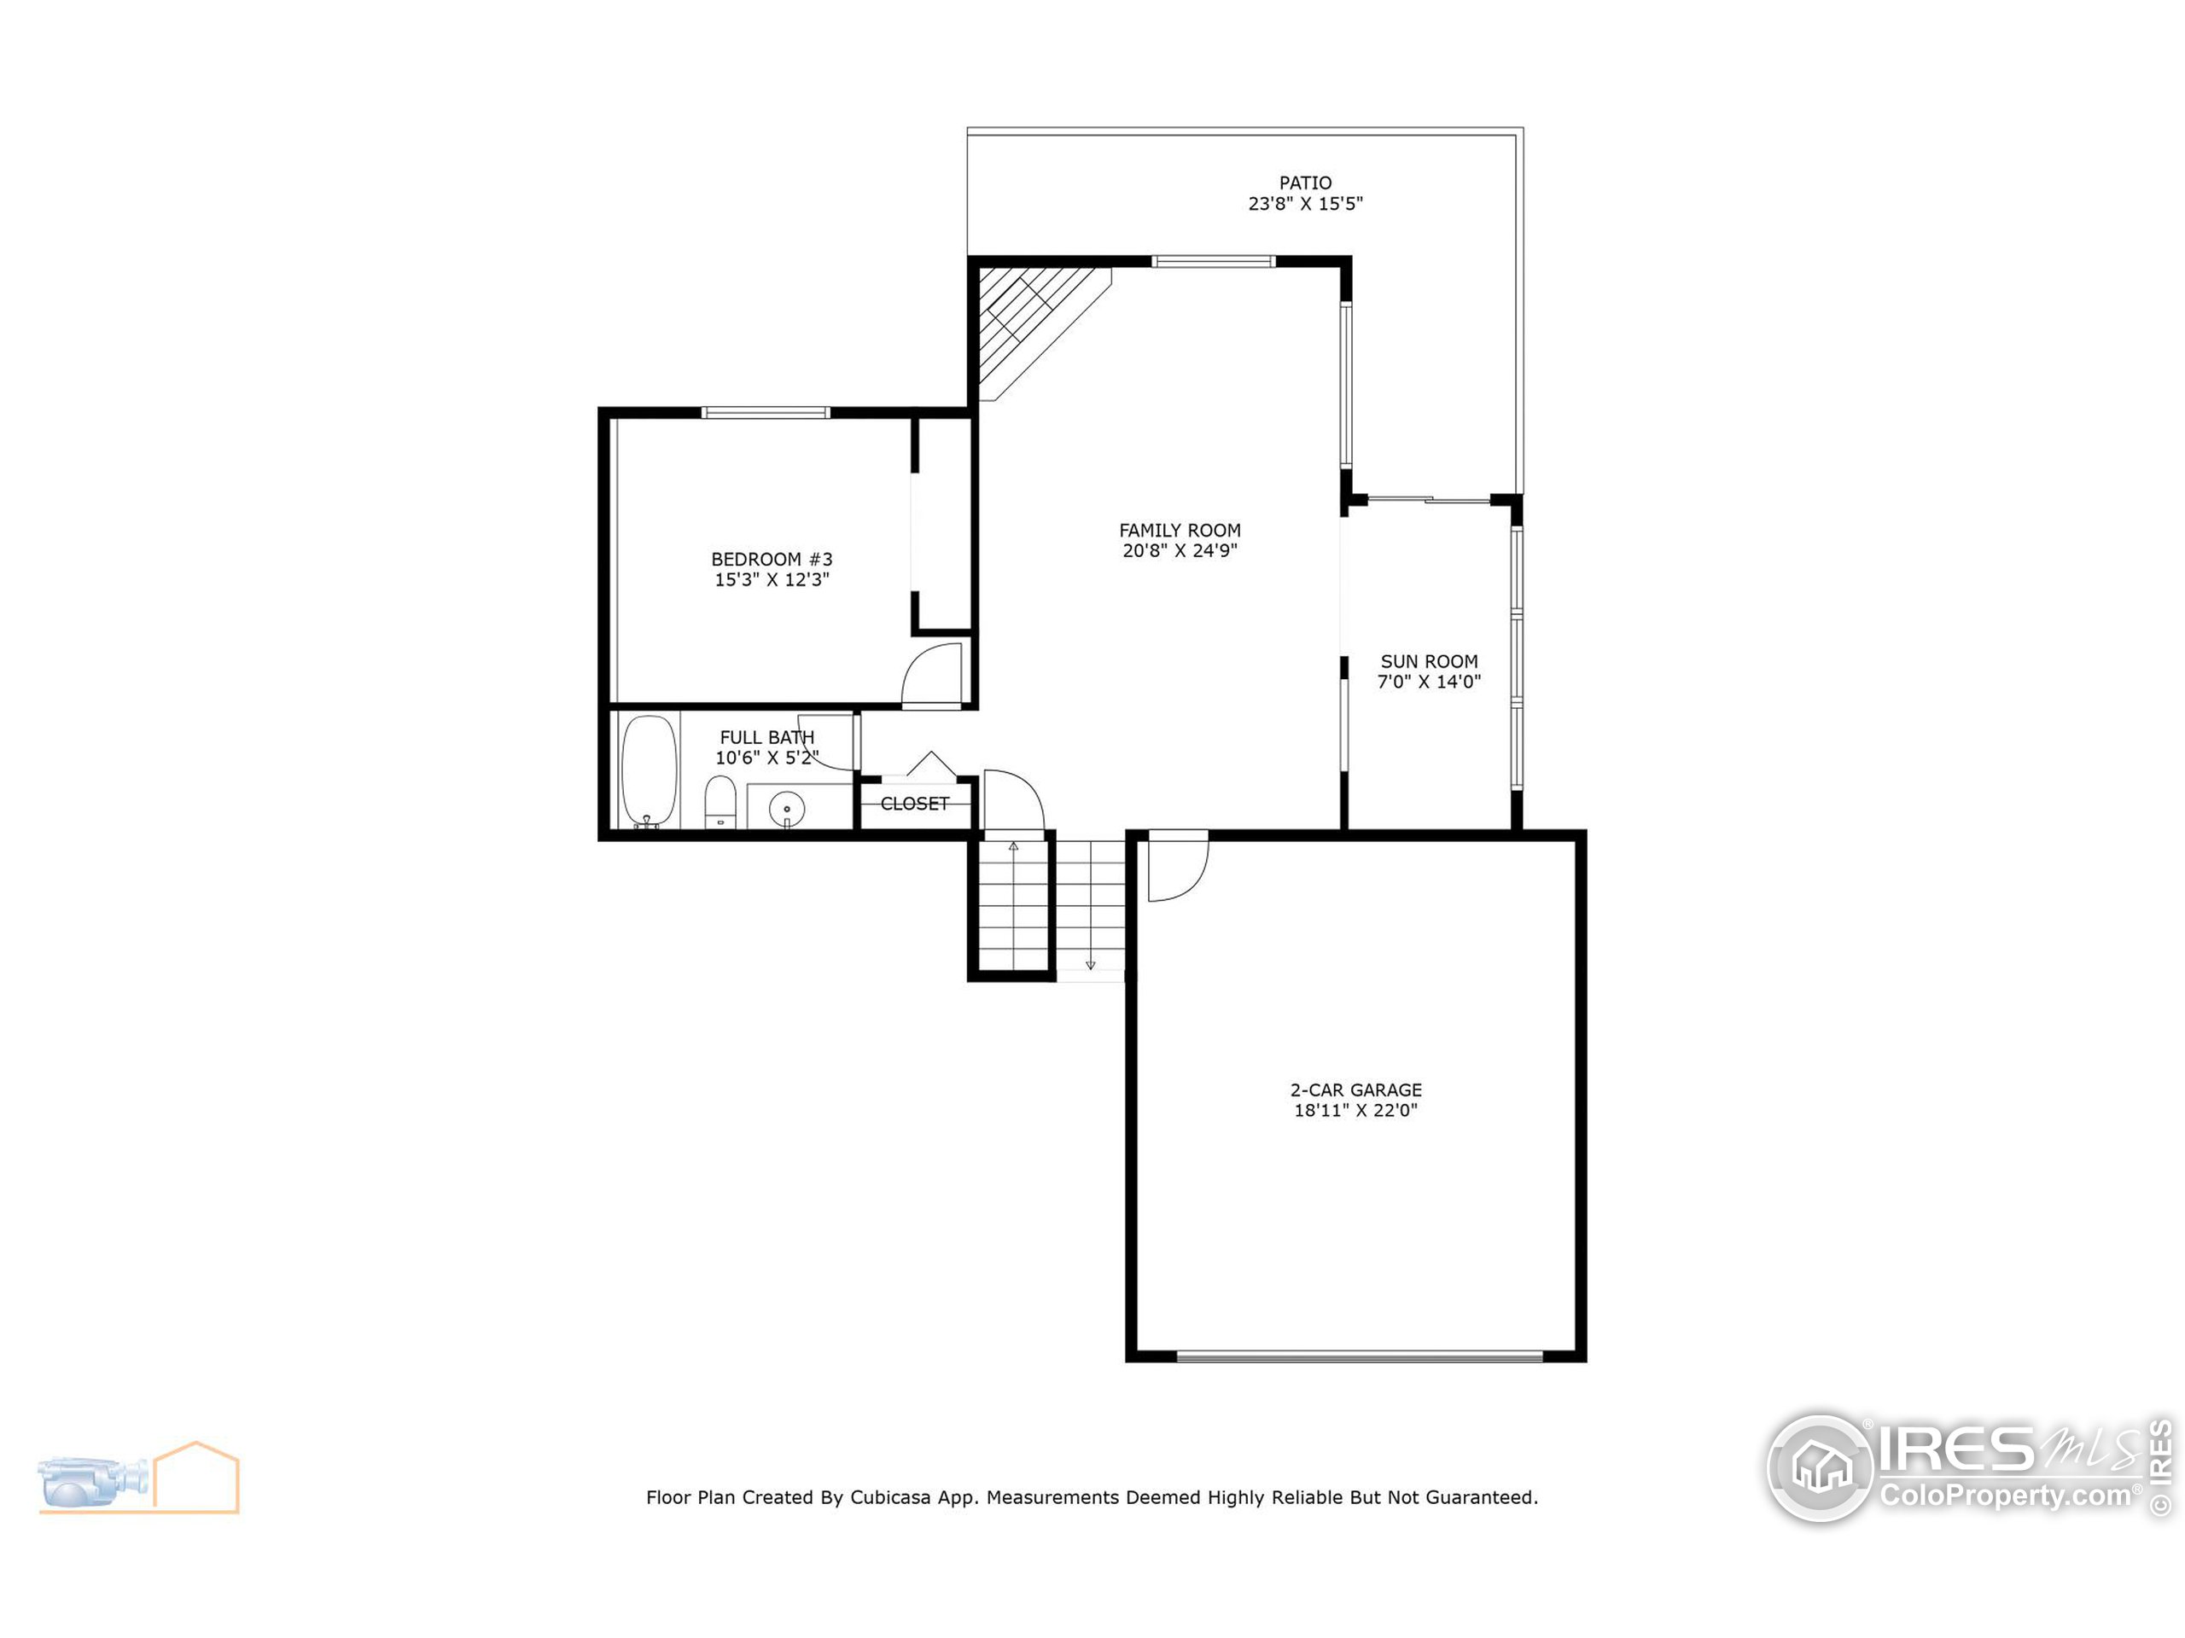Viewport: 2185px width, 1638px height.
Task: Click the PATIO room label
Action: [1305, 183]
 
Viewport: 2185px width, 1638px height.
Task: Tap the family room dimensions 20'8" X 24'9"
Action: [1180, 551]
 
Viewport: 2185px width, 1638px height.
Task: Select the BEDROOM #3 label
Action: [772, 559]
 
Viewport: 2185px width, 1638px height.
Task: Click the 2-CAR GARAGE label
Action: [1355, 1090]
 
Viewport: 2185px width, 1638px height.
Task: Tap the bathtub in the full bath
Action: [649, 770]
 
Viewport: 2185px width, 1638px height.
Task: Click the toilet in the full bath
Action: [720, 801]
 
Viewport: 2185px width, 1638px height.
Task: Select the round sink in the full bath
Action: [786, 810]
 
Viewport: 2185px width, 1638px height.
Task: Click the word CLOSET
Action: [914, 804]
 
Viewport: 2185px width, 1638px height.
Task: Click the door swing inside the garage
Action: [1178, 866]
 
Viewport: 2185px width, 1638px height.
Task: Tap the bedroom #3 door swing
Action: [934, 673]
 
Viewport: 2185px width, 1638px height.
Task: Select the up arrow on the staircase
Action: [1012, 847]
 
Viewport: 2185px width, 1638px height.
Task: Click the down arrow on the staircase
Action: [1091, 964]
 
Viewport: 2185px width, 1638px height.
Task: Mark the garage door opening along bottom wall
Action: [1359, 1356]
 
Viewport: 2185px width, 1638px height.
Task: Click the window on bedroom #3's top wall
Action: [766, 413]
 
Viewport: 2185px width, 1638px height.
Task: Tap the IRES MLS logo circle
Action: [1820, 1468]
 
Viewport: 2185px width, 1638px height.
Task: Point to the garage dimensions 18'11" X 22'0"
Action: [1355, 1111]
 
